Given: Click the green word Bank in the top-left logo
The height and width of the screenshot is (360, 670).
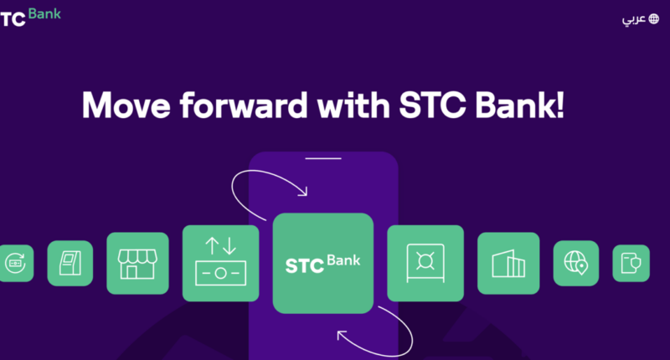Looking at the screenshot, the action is tap(44, 14).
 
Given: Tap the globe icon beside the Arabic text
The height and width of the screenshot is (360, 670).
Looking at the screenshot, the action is tap(654, 18).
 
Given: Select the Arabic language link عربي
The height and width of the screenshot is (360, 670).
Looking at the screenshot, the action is tap(634, 19).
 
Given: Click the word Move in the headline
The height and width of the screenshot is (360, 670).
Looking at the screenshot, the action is tap(126, 105).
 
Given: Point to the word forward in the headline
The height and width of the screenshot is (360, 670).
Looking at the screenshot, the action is tap(244, 105).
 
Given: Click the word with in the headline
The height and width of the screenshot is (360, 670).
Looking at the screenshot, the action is tap(353, 105).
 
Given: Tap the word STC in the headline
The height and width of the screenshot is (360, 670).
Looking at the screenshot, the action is tap(432, 105).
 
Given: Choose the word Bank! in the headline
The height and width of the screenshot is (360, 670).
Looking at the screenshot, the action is tap(519, 105).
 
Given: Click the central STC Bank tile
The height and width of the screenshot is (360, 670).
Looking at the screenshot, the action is tap(323, 263).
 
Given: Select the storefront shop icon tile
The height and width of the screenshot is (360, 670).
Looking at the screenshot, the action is tap(137, 263).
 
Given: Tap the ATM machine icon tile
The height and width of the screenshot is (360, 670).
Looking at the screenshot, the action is tap(70, 263).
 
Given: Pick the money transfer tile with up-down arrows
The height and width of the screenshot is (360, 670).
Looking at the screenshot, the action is tap(220, 263).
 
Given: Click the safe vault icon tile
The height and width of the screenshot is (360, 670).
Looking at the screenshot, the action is tap(425, 263).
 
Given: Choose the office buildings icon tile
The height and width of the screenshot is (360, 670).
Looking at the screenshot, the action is tap(508, 263).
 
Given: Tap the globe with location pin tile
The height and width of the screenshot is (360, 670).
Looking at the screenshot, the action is tap(576, 263).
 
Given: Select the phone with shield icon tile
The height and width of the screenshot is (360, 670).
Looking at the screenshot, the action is tap(631, 263).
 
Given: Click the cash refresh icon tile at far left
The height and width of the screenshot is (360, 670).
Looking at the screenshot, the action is tap(16, 263).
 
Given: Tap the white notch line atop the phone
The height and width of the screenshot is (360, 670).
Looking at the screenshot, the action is tap(323, 158).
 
